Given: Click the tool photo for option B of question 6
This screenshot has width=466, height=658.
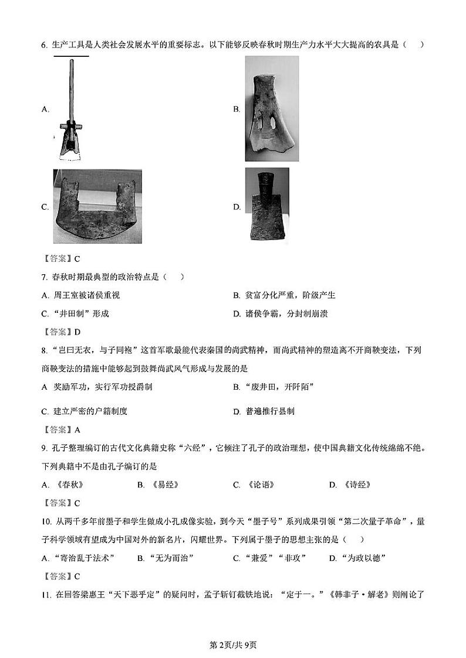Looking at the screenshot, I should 271,108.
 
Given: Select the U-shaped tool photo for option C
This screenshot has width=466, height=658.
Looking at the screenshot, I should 97,206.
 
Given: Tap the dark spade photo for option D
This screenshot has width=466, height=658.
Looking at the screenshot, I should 267,204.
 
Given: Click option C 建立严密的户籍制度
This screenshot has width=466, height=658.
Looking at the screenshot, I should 85,411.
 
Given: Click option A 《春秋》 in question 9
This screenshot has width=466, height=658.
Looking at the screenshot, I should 64,485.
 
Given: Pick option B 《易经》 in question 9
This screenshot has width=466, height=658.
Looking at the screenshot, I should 158,485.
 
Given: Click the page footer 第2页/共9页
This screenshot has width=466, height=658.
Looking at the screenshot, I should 233,645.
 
